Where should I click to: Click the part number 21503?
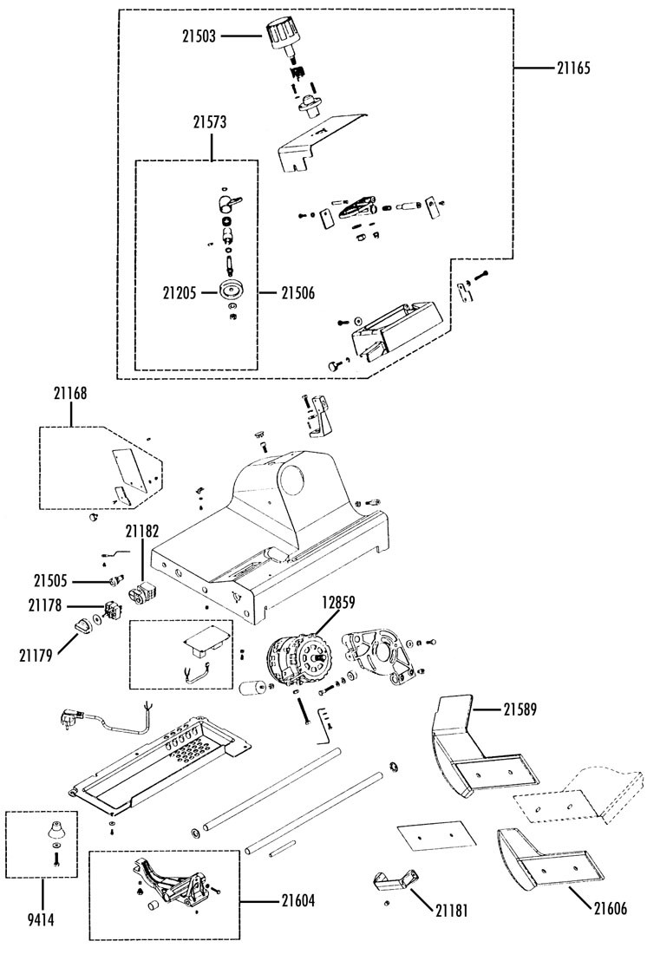(x=199, y=36)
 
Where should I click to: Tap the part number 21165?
(x=573, y=68)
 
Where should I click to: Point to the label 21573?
(x=210, y=122)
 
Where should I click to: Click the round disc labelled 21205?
(x=231, y=292)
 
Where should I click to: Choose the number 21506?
(x=298, y=293)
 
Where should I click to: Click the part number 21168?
(x=70, y=394)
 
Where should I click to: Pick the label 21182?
(x=142, y=531)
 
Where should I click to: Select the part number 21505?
(x=50, y=581)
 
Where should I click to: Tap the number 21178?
(x=45, y=606)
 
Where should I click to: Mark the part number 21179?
(x=36, y=656)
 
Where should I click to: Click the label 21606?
(x=611, y=908)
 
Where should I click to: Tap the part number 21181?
(x=452, y=910)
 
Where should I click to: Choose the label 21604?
(x=298, y=900)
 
